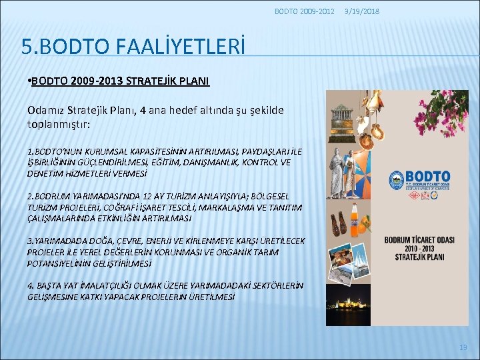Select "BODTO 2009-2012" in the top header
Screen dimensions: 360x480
(x=304, y=11)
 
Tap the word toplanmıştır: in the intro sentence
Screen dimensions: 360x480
(x=57, y=124)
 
